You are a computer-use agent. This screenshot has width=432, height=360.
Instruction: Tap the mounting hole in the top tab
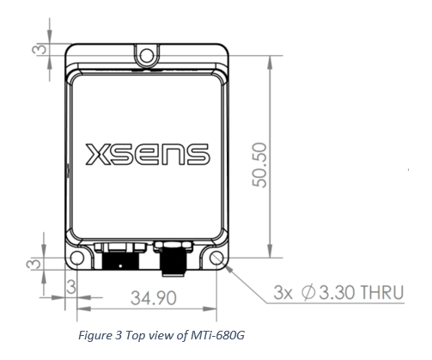[x=148, y=57]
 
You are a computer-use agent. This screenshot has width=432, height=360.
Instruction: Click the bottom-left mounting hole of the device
[x=77, y=257]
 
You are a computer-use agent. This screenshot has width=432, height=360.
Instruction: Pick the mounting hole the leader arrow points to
[x=218, y=257]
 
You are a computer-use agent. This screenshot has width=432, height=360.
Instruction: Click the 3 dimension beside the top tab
[x=39, y=49]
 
